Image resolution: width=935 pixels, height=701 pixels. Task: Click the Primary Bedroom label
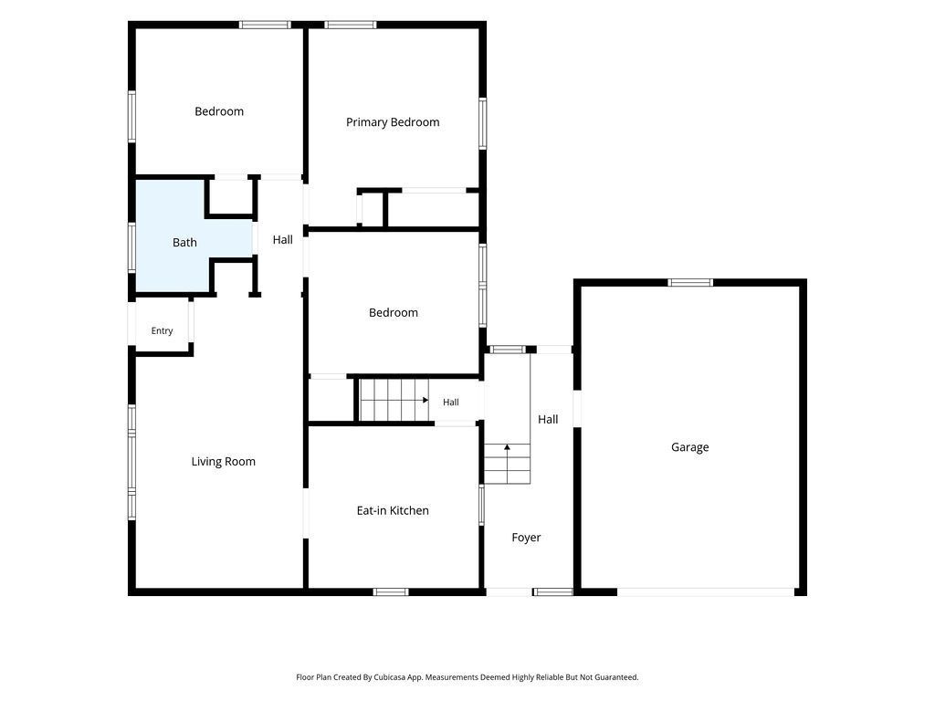(393, 122)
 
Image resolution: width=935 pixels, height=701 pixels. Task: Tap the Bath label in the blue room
(184, 242)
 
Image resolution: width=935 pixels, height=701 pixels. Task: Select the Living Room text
(223, 461)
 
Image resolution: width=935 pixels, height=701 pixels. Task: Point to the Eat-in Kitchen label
(393, 510)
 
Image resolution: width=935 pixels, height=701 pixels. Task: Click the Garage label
(690, 447)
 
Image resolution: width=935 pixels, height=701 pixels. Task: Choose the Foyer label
(526, 538)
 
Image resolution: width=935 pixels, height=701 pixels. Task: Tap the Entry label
(162, 330)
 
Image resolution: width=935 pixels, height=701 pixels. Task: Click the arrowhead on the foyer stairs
(507, 446)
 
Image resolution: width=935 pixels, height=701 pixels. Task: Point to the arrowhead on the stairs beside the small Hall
(425, 400)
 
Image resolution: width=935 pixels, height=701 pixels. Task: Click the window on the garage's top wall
(690, 283)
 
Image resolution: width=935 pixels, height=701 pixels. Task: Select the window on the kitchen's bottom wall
(391, 591)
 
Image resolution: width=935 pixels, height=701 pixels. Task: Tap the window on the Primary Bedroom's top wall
(351, 25)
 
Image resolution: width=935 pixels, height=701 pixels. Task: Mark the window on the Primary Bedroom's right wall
(482, 124)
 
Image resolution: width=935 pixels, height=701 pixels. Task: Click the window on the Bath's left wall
(131, 247)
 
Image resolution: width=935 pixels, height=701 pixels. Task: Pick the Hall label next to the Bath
(283, 240)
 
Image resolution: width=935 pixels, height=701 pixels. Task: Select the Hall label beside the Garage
(548, 419)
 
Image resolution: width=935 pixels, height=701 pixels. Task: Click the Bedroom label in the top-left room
(219, 111)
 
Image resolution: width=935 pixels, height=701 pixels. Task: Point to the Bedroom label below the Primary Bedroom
(393, 312)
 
